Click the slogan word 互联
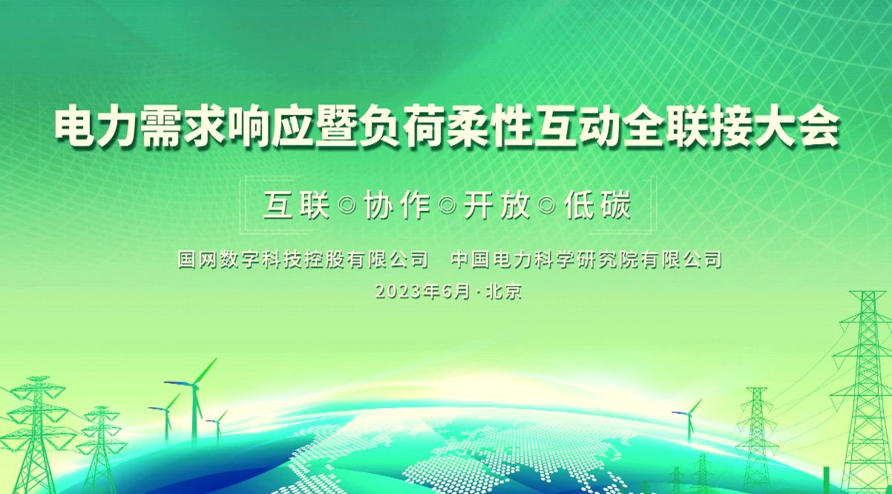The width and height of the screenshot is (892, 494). [296, 205]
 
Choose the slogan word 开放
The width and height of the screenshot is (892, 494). [497, 205]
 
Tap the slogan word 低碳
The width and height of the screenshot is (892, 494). [598, 205]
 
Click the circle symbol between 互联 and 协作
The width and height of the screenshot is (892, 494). [347, 206]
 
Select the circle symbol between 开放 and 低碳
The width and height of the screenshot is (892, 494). [547, 206]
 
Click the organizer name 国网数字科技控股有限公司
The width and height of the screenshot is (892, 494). [303, 259]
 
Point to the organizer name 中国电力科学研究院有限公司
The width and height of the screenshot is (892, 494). [586, 259]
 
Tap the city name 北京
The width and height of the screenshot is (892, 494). [504, 291]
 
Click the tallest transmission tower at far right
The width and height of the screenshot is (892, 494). [867, 393]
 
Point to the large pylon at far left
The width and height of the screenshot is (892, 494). [36, 435]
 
